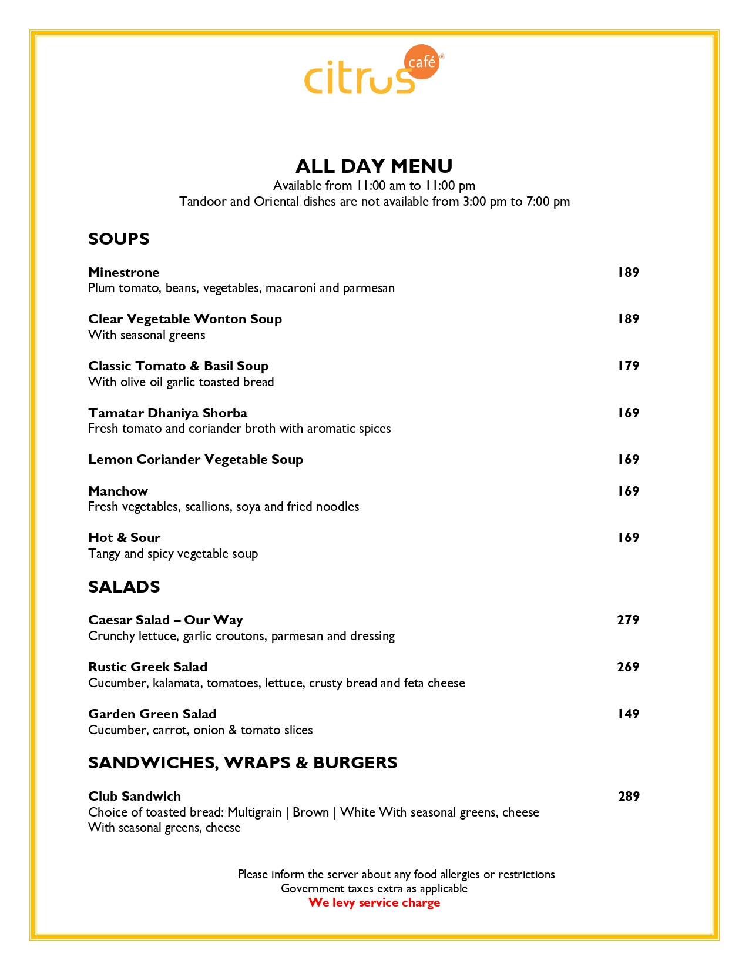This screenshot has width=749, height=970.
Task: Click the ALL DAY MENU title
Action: point(374,166)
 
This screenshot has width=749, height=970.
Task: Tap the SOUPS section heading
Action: point(119,239)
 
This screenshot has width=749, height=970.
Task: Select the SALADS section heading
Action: point(124,587)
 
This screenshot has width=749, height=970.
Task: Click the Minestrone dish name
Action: point(124,273)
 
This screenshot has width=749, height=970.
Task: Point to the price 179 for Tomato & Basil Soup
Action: point(628,366)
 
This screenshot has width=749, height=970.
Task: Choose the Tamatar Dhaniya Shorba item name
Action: point(167,413)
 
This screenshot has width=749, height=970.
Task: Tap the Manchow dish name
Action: point(118,491)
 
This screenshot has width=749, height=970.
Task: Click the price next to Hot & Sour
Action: point(628,538)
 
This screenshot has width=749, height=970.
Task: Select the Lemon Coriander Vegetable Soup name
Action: point(196,460)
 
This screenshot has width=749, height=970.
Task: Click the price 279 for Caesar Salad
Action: point(628,620)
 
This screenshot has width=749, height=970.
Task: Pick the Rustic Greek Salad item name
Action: point(147,667)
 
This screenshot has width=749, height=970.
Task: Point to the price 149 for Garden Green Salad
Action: point(628,714)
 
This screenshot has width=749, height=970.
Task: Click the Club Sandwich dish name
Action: point(135,797)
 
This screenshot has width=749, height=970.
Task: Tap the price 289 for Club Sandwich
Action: point(629,797)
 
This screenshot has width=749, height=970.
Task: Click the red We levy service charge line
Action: point(374,903)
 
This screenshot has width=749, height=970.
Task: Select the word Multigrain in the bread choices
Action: point(254,812)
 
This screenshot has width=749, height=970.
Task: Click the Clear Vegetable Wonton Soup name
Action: point(185,319)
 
